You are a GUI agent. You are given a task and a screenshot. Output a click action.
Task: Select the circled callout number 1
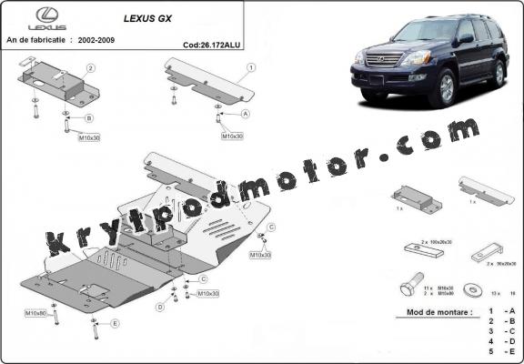click(250, 66)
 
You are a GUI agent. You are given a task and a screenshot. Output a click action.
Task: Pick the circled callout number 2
click(90, 68)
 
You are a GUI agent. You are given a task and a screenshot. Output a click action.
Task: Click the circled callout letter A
click(246, 115)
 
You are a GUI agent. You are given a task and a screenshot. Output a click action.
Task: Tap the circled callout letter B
click(89, 117)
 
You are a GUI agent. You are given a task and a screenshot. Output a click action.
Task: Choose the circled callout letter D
click(159, 308)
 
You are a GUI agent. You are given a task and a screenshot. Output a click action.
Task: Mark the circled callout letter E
click(115, 323)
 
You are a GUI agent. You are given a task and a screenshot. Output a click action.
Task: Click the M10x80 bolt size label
click(36, 313)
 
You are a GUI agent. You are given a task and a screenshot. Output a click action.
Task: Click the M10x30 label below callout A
click(233, 136)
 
